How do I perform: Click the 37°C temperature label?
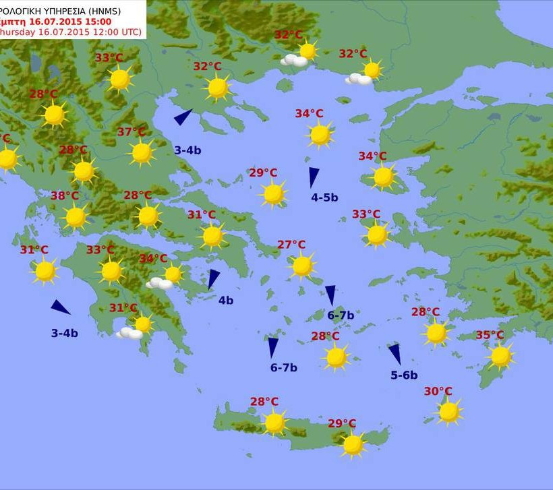pyautogui.click(x=132, y=132)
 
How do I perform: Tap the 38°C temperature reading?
pyautogui.click(x=65, y=196)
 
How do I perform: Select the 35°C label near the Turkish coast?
pyautogui.click(x=490, y=335)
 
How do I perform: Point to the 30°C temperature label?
pyautogui.click(x=438, y=392)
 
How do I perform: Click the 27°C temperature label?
pyautogui.click(x=291, y=245)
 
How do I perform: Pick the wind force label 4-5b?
pyautogui.click(x=324, y=197)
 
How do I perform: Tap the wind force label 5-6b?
pyautogui.click(x=404, y=375)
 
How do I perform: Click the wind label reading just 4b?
pyautogui.click(x=225, y=301)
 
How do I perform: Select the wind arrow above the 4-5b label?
pyautogui.click(x=314, y=177)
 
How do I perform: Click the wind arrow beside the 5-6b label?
pyautogui.click(x=395, y=354)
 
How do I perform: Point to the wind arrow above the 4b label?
pyautogui.click(x=214, y=278)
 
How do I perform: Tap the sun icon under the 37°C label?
pyautogui.click(x=142, y=153)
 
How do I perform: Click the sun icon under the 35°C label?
pyautogui.click(x=500, y=357)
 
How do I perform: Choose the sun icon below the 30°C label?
pyautogui.click(x=448, y=411)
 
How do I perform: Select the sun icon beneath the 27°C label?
pyautogui.click(x=303, y=266)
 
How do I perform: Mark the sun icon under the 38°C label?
pyautogui.click(x=76, y=217)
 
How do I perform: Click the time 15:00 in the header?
pyautogui.click(x=94, y=21)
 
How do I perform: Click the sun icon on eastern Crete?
pyautogui.click(x=353, y=444)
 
